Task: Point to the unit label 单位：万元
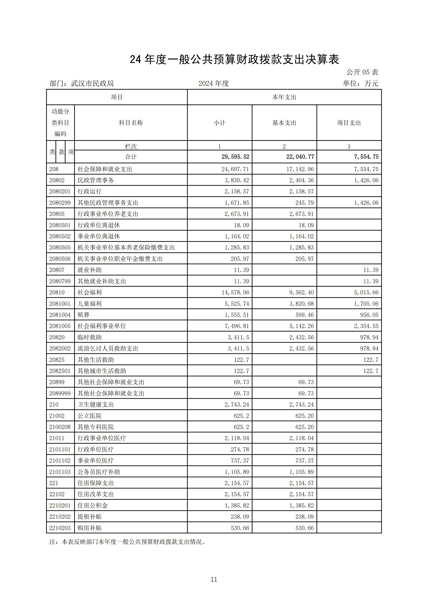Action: (x=360, y=84)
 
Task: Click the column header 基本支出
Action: (x=284, y=123)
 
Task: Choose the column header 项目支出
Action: (x=349, y=123)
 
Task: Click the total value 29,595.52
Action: (x=235, y=157)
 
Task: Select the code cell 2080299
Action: (x=60, y=203)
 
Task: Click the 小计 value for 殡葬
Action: (x=237, y=315)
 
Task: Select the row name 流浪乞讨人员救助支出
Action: (x=108, y=348)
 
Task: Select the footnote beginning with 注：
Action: (x=127, y=542)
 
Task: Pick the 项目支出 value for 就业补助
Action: (x=371, y=270)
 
